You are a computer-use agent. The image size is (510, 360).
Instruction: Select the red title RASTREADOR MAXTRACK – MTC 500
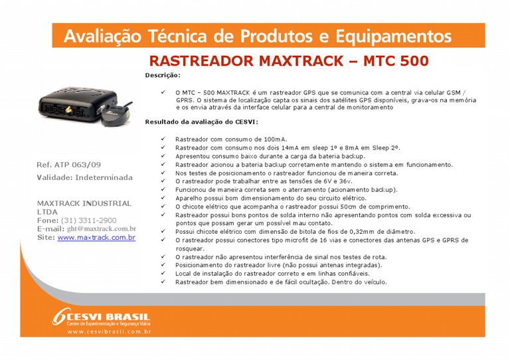pyautogui.click(x=289, y=61)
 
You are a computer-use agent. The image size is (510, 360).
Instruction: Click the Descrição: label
pyautogui.click(x=163, y=76)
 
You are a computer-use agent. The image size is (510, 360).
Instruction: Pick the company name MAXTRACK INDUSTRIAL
pyautogui.click(x=84, y=203)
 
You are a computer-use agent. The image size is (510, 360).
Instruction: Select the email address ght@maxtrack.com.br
pyautogui.click(x=101, y=228)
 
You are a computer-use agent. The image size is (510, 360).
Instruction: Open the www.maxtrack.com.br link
pyautogui.click(x=96, y=237)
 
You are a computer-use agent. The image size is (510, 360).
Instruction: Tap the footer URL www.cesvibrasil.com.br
pyautogui.click(x=110, y=331)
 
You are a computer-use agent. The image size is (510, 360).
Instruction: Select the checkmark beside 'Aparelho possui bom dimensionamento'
pyautogui.click(x=163, y=198)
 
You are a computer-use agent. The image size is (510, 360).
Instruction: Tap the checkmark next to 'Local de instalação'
pyautogui.click(x=163, y=274)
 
